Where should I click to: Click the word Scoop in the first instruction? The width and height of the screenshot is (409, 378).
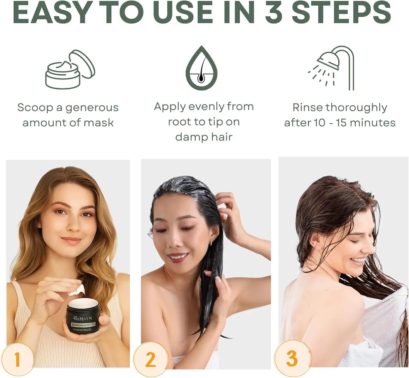(35, 108)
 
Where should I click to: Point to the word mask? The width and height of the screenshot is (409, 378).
(98, 123)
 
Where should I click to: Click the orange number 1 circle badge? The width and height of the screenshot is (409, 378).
(17, 359)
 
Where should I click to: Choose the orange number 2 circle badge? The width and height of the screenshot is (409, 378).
(151, 359)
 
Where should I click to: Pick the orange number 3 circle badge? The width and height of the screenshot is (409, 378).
(292, 358)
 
